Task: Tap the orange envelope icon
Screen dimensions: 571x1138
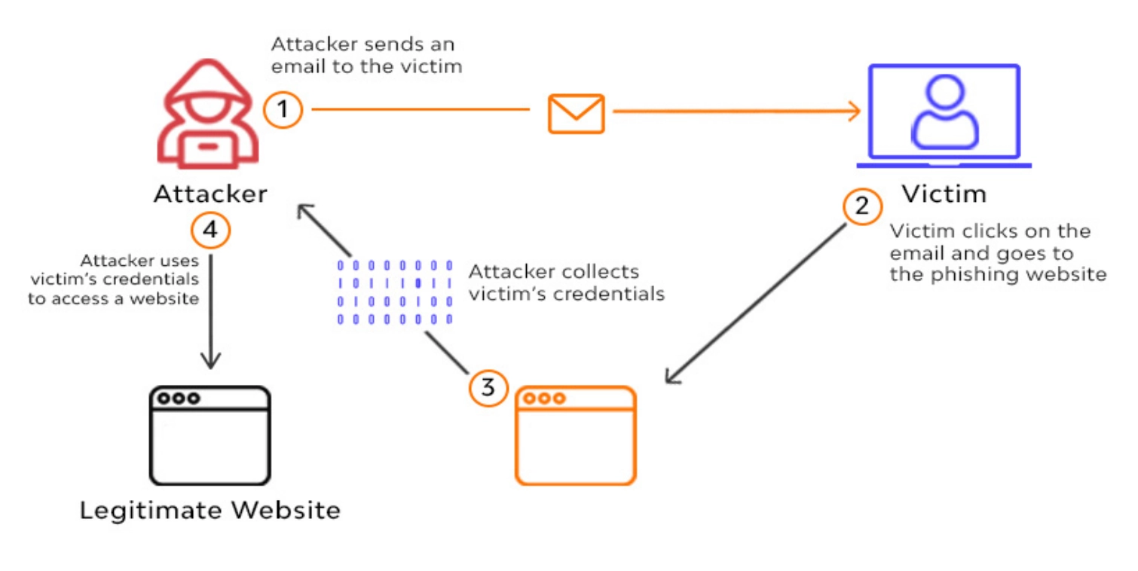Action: point(576,113)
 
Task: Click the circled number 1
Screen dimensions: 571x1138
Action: point(283,111)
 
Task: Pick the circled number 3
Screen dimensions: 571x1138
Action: point(488,388)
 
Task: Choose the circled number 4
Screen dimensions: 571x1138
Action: point(210,231)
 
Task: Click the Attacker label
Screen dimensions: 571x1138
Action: point(210,194)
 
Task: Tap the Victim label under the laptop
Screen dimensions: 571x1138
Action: point(944,194)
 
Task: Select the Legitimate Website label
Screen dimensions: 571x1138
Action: point(210,510)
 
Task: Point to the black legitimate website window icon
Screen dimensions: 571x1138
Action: point(210,435)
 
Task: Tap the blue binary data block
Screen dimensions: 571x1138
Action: point(395,292)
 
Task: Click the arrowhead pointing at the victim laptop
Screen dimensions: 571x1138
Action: point(853,112)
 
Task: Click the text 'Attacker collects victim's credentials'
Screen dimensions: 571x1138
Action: point(566,282)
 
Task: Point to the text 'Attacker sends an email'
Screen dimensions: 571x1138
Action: point(363,44)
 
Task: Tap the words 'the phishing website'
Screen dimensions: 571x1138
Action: point(998,273)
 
